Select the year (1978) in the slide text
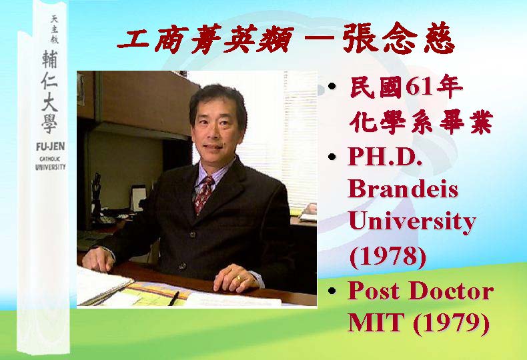(388, 257)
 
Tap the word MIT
(376, 323)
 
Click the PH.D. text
(385, 156)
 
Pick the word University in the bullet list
(412, 222)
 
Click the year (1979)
(451, 323)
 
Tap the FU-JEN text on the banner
(51, 147)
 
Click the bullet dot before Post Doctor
(332, 291)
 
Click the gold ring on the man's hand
(239, 278)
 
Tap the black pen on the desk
(173, 299)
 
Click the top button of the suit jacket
(193, 235)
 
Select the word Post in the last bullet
(375, 291)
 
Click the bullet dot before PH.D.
(332, 157)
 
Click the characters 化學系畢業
(421, 121)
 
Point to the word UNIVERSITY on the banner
(51, 167)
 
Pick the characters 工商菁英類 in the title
(205, 39)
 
